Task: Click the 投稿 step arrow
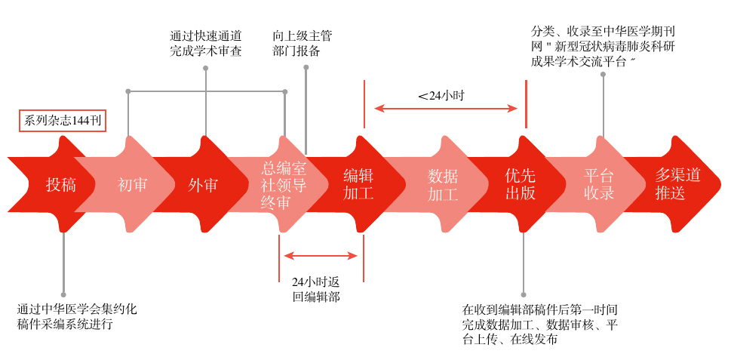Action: pyautogui.click(x=60, y=184)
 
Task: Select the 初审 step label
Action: pyautogui.click(x=133, y=184)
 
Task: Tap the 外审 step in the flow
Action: pyautogui.click(x=203, y=184)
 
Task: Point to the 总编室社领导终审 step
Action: pyautogui.click(x=284, y=184)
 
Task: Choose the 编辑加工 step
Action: pyautogui.click(x=358, y=184)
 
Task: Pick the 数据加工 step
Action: pyautogui.click(x=443, y=184)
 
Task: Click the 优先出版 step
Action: pyautogui.click(x=521, y=184)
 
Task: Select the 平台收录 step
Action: pyautogui.click(x=599, y=184)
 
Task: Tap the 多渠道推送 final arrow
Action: pyautogui.click(x=677, y=184)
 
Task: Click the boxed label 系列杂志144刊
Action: pyautogui.click(x=63, y=121)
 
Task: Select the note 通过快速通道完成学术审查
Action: pyautogui.click(x=205, y=44)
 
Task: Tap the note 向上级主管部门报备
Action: pyautogui.click(x=302, y=44)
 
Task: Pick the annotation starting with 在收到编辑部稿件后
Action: pyautogui.click(x=540, y=325)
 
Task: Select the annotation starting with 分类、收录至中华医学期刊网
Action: pyautogui.click(x=603, y=47)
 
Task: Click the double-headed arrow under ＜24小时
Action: pyautogui.click(x=445, y=109)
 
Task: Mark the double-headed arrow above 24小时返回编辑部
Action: pyautogui.click(x=321, y=256)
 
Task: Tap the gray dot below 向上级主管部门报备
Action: pyautogui.click(x=306, y=68)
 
